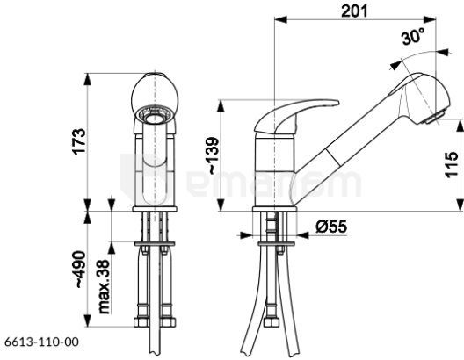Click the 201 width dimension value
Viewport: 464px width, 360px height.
(x=354, y=11)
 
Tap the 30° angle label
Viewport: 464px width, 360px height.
(x=413, y=36)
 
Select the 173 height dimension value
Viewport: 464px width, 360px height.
(x=79, y=141)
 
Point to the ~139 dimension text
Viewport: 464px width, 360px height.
(x=213, y=155)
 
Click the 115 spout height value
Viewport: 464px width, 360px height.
(x=452, y=164)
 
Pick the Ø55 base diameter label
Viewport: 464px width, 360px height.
(x=331, y=227)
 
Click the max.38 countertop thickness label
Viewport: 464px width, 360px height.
(x=104, y=287)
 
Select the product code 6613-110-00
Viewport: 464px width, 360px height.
(x=41, y=342)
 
